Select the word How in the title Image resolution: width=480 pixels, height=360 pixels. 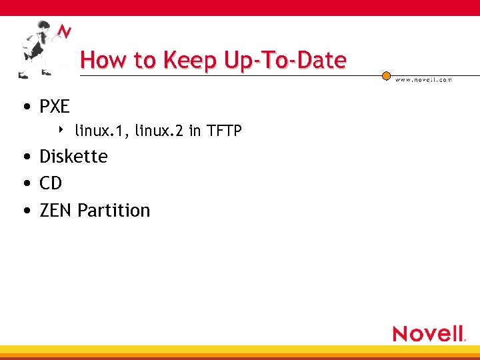[x=105, y=61]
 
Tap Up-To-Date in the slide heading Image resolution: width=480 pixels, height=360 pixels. [x=285, y=61]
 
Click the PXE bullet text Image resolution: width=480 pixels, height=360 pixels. [x=55, y=107]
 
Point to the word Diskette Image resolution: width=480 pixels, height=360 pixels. [x=73, y=157]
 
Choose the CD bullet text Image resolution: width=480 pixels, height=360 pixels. [x=51, y=183]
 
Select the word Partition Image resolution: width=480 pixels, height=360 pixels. [x=114, y=211]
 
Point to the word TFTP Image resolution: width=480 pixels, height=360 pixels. [x=224, y=131]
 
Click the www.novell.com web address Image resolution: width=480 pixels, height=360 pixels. [x=424, y=79]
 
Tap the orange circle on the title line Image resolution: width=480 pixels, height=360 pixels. [x=387, y=77]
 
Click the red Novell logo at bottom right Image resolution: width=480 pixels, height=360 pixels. [x=429, y=333]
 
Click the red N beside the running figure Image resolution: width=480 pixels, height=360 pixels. [x=65, y=32]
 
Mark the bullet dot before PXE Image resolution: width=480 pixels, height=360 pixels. [x=25, y=107]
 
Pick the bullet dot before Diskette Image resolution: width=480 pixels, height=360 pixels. [x=25, y=157]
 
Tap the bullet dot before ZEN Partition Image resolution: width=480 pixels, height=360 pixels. [x=25, y=211]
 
